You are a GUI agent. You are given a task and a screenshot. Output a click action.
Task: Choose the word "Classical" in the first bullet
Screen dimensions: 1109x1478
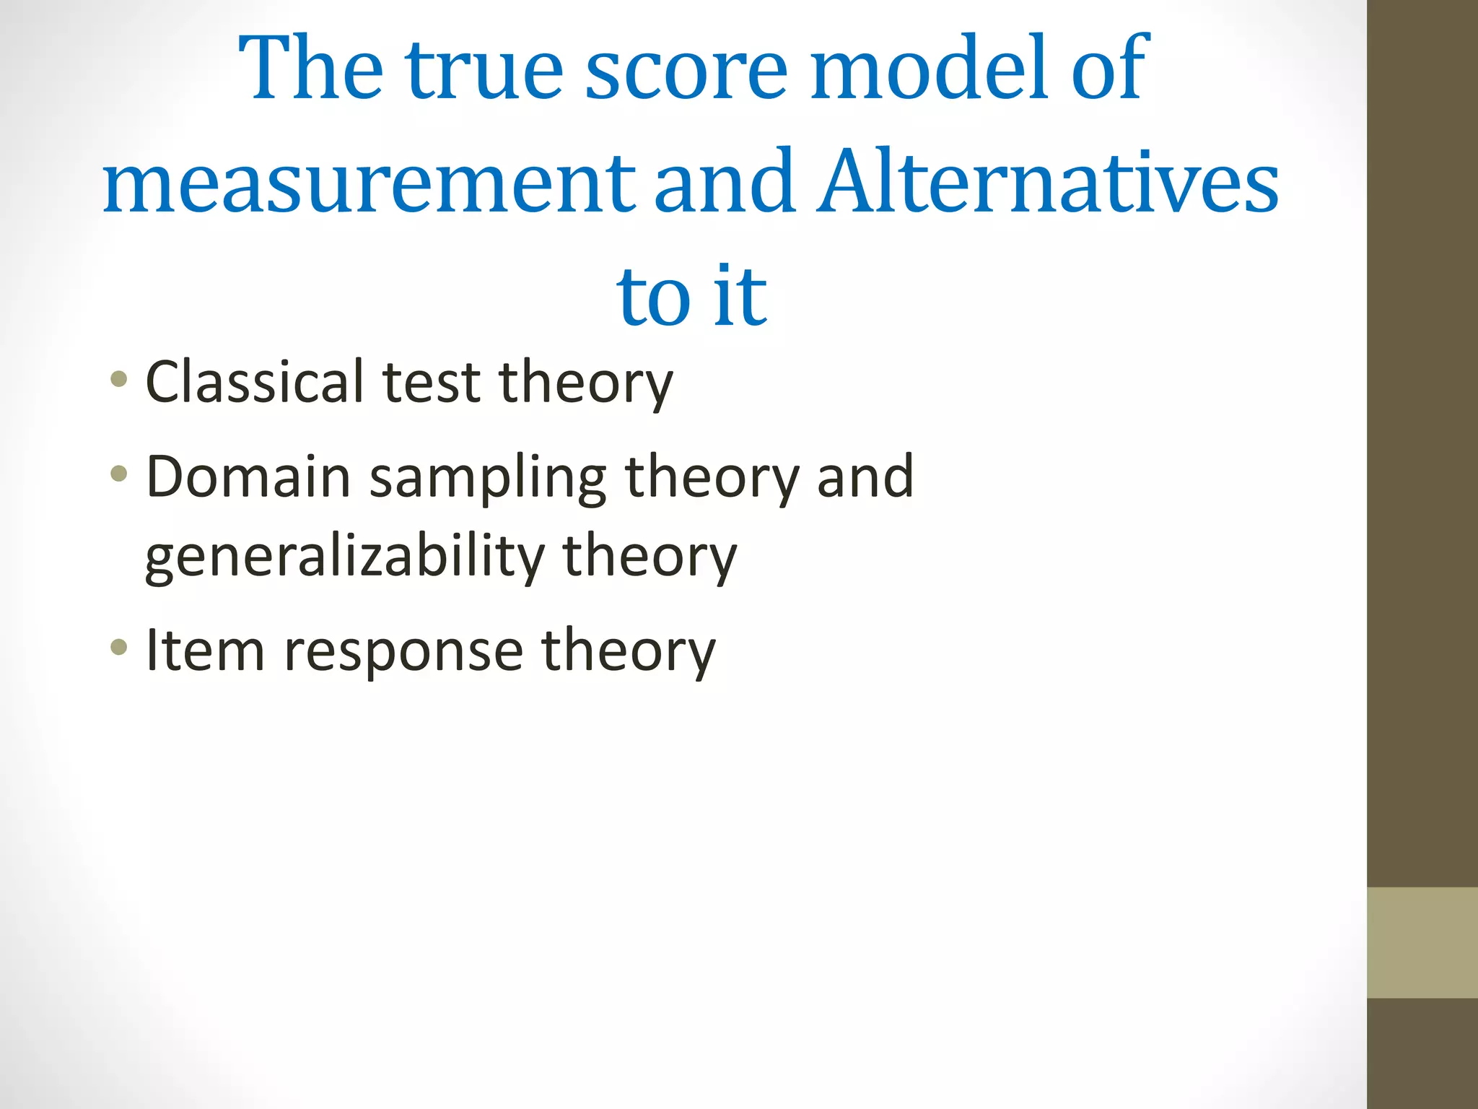(x=255, y=382)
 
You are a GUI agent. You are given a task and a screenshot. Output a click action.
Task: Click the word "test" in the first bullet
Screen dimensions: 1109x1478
(x=431, y=382)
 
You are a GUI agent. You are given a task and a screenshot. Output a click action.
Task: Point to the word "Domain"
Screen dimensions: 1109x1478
(x=248, y=477)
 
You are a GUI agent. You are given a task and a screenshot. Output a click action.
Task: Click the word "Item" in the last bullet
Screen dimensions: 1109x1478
(x=205, y=651)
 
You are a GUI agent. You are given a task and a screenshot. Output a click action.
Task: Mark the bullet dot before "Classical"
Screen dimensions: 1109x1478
(x=119, y=379)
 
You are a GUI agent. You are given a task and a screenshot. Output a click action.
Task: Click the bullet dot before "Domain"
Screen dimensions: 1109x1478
(x=119, y=474)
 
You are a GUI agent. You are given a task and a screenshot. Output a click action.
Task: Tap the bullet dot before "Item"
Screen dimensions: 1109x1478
(x=119, y=647)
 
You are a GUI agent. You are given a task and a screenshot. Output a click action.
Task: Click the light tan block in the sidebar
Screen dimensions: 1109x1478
(x=1422, y=942)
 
